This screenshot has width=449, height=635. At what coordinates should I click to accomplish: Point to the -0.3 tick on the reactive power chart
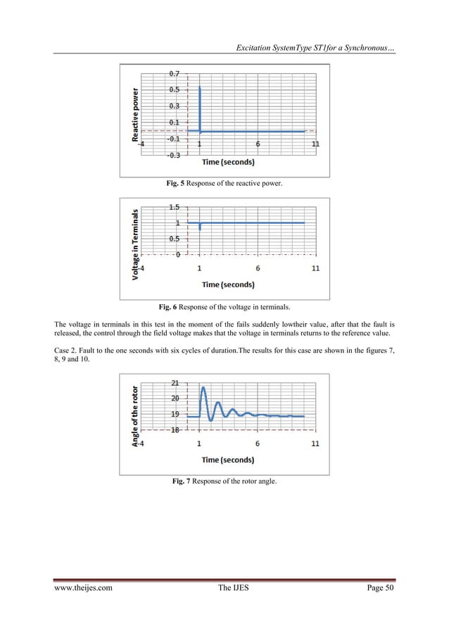coord(173,155)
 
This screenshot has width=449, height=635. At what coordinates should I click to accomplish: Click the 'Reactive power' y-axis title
coord(135,115)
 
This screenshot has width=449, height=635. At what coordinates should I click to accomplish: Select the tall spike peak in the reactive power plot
coord(201,89)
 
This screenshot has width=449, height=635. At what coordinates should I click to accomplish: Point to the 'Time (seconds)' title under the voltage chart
coord(228,284)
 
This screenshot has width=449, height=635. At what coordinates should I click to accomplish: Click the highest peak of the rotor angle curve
coord(203,388)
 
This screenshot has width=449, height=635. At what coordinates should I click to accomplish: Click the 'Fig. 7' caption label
coord(182,481)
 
